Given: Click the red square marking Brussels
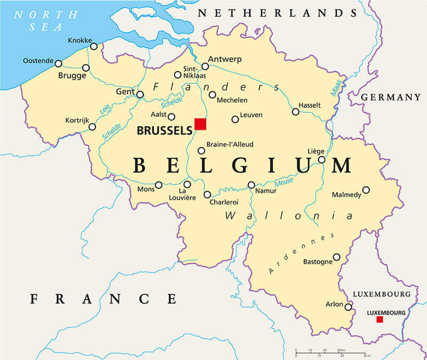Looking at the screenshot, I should click(x=200, y=124).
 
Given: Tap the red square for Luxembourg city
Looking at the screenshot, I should click(x=379, y=319).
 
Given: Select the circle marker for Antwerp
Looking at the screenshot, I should click(x=205, y=67).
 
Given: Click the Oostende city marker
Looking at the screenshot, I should click(x=58, y=64).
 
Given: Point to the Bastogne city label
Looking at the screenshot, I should click(x=317, y=262).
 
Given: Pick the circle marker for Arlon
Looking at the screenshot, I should click(x=348, y=307).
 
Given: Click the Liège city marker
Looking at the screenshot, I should click(x=321, y=160).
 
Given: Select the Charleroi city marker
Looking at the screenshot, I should click(x=207, y=194).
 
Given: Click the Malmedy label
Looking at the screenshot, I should click(x=346, y=194).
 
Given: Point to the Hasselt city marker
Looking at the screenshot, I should click(x=295, y=112).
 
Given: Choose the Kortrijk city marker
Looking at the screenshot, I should click(x=92, y=127).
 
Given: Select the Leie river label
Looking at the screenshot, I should click(x=105, y=109).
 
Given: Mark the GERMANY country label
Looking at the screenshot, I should click(x=391, y=97).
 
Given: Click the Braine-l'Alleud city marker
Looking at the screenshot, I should click(x=201, y=151).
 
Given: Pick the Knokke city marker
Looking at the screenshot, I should click(x=94, y=46).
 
